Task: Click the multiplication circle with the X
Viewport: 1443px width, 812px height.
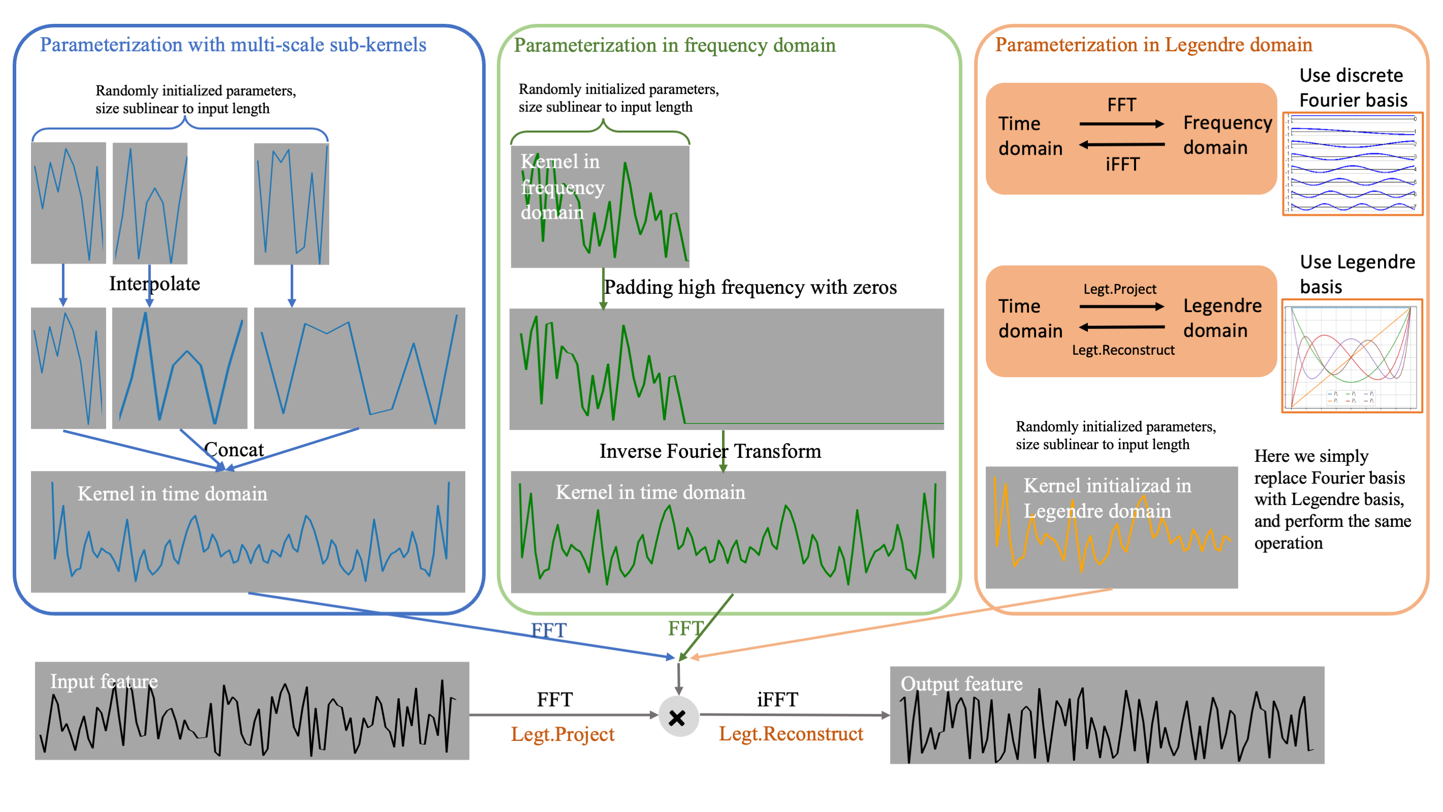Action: [678, 717]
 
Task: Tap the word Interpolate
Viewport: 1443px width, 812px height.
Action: [154, 284]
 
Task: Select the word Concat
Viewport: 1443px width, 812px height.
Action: [233, 450]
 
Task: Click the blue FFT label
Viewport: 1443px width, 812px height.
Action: [548, 630]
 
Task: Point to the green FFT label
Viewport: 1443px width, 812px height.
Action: [684, 628]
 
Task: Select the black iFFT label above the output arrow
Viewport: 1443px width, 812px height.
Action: [777, 699]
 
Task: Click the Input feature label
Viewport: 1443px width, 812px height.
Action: [104, 681]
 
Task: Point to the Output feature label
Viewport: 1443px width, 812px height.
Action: [961, 684]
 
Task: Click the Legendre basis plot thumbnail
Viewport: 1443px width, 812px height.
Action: [1352, 356]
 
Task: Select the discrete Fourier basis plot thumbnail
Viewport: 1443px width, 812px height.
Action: [1352, 163]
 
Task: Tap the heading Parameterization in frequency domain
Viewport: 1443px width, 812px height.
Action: [674, 45]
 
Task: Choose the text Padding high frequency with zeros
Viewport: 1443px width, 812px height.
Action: [750, 287]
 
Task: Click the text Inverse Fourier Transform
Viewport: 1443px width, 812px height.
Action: [710, 451]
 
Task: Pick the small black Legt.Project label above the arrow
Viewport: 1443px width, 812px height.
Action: [1119, 289]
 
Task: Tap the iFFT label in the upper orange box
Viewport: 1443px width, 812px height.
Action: [1122, 164]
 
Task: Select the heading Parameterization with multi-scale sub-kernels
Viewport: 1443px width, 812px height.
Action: [233, 44]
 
